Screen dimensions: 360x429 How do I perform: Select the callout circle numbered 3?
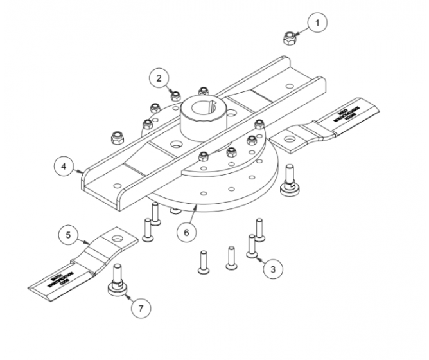click(x=274, y=269)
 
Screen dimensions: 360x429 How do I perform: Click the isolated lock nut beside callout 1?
click(x=290, y=38)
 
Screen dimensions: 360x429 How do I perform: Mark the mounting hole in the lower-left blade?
click(x=119, y=240)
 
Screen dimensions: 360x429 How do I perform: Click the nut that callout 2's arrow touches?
click(x=175, y=96)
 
